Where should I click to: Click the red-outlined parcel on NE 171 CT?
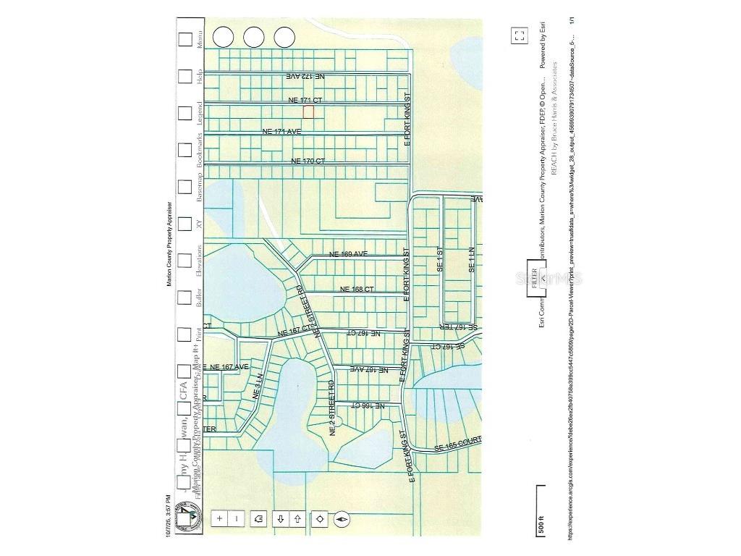[308, 111]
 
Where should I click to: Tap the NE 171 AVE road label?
[281, 131]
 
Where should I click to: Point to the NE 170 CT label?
[308, 161]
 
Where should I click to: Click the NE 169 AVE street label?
[348, 254]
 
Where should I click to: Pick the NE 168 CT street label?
[357, 290]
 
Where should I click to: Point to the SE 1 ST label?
[439, 259]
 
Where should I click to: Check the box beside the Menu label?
[186, 38]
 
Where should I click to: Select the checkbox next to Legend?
[186, 112]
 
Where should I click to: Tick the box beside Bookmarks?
[186, 150]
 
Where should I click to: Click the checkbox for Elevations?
[186, 259]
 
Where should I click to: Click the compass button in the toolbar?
[343, 518]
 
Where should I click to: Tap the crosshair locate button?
[319, 518]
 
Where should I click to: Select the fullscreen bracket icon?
[518, 35]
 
